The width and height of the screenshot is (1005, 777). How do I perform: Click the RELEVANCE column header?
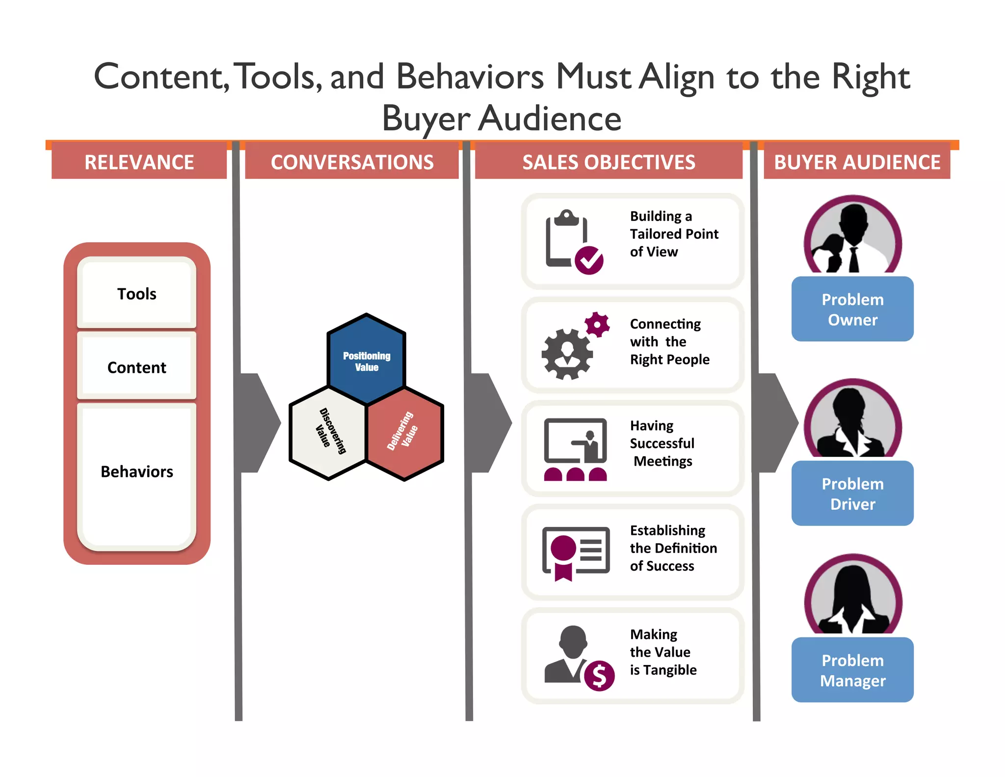139,162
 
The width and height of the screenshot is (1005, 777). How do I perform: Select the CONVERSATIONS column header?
352,162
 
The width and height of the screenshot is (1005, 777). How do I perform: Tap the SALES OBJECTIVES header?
608,162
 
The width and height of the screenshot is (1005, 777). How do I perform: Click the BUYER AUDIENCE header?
857,162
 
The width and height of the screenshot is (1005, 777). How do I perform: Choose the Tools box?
136,293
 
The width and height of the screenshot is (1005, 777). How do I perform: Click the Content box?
136,367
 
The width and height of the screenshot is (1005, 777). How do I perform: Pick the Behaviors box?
136,472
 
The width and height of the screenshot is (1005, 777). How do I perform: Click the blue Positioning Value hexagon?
367,360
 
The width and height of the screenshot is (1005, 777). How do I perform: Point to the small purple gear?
597,324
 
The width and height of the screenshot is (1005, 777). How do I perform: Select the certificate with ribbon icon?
575,553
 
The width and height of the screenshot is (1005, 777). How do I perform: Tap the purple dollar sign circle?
599,676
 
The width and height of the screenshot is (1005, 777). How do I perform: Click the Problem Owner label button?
852,309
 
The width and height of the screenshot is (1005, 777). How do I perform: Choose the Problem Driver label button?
852,493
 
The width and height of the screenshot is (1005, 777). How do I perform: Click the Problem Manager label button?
852,670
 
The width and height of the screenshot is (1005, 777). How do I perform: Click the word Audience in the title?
550,119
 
